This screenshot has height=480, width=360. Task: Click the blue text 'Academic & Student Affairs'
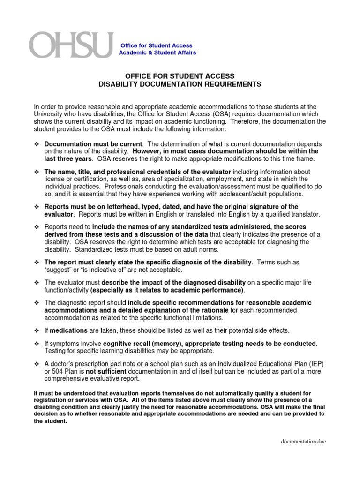coord(158,53)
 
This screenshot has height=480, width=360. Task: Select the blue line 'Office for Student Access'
coord(157,46)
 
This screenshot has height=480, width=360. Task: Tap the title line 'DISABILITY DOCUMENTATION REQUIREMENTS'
coord(180,84)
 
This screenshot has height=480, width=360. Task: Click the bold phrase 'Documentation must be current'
coord(93,144)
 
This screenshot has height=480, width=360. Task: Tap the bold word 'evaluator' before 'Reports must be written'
coord(59,214)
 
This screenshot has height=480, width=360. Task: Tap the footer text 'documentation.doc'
coord(303,442)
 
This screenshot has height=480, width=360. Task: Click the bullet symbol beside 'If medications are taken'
coord(37,330)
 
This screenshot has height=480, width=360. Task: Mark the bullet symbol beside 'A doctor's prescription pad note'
coord(37,364)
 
